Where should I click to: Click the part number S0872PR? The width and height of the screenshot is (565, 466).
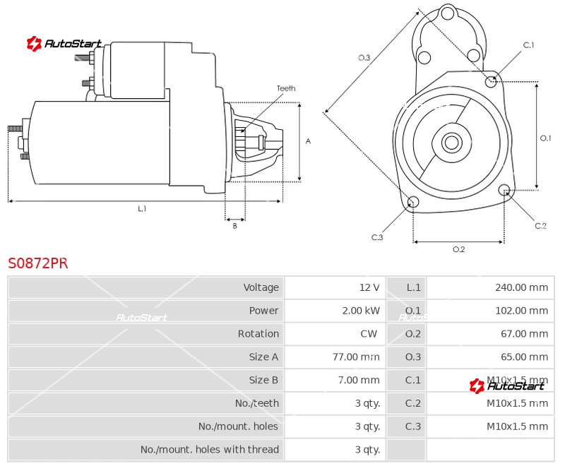pyautogui.click(x=38, y=263)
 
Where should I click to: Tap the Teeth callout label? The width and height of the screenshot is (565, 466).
pyautogui.click(x=286, y=88)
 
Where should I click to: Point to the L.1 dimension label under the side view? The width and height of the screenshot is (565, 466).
pyautogui.click(x=142, y=208)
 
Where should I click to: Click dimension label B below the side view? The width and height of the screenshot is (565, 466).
pyautogui.click(x=235, y=226)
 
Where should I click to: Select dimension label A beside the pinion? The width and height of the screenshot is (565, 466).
pyautogui.click(x=308, y=141)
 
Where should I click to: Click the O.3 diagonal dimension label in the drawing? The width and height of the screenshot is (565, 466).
pyautogui.click(x=364, y=58)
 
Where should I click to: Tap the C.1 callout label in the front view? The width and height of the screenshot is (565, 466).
pyautogui.click(x=528, y=45)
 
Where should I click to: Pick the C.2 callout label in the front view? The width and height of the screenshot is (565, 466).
pyautogui.click(x=540, y=226)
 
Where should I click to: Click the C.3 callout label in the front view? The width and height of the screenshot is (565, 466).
pyautogui.click(x=377, y=237)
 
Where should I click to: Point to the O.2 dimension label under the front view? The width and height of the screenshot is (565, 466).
pyautogui.click(x=458, y=249)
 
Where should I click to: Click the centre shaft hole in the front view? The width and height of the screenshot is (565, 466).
pyautogui.click(x=451, y=142)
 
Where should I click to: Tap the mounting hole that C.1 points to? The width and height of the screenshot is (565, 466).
pyautogui.click(x=491, y=82)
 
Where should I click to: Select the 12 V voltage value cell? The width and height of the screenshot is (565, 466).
pyautogui.click(x=369, y=287)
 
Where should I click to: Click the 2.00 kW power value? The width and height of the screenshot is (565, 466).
pyautogui.click(x=361, y=311)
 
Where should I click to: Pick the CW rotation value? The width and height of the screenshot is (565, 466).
pyautogui.click(x=369, y=333)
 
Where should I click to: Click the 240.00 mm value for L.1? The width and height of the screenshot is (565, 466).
pyautogui.click(x=521, y=287)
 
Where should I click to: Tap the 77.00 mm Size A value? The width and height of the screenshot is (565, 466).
pyautogui.click(x=356, y=357)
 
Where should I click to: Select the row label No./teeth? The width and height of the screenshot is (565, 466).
pyautogui.click(x=257, y=403)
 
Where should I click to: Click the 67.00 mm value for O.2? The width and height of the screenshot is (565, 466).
pyautogui.click(x=524, y=333)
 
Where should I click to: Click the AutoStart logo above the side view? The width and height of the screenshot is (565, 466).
pyautogui.click(x=64, y=44)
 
